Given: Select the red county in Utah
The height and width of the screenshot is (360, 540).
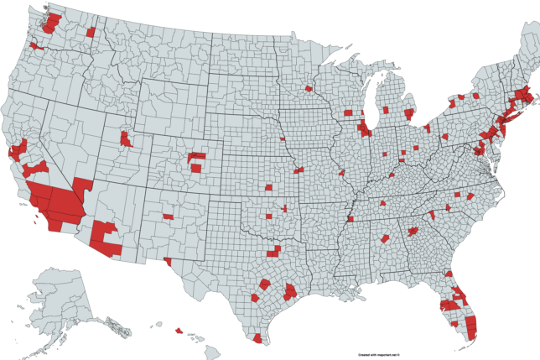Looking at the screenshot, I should [x=126, y=138].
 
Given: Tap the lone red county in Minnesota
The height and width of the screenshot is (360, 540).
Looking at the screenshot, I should [x=309, y=87].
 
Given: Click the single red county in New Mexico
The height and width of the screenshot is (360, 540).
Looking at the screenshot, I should [x=169, y=217].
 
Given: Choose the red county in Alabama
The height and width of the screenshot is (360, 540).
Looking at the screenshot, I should [x=385, y=239].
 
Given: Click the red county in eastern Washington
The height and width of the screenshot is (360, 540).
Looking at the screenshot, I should [x=91, y=32].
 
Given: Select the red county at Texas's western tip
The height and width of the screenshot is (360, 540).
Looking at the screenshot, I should [x=169, y=261].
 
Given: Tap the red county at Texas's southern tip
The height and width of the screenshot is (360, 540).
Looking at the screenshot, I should [x=257, y=339].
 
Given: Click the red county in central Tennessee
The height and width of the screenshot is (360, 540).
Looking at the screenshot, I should [x=382, y=203].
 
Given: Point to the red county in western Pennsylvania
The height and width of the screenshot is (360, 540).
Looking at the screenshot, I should [x=427, y=128].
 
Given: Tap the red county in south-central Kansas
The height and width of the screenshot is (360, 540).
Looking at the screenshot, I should [x=269, y=188].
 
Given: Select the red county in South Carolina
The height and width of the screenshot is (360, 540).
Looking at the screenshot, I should [x=432, y=215].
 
